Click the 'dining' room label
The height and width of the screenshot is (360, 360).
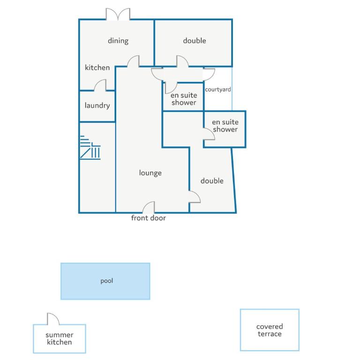click(x=118, y=41)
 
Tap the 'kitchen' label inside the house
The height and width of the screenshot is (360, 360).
click(x=97, y=67)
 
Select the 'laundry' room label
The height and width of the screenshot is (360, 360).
click(x=97, y=105)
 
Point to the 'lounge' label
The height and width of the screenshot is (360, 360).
click(x=150, y=173)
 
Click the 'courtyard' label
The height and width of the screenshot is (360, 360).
click(x=218, y=90)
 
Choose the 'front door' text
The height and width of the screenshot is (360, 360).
click(x=148, y=218)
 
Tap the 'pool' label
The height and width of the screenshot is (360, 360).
click(x=107, y=281)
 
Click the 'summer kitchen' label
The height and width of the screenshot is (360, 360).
click(x=60, y=338)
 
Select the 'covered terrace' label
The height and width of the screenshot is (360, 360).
click(x=270, y=330)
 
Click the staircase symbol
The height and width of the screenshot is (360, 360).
click(x=90, y=148)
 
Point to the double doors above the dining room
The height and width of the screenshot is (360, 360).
click(x=118, y=14)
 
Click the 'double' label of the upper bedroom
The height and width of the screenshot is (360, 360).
click(x=195, y=41)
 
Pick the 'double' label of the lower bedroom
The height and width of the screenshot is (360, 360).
click(x=212, y=181)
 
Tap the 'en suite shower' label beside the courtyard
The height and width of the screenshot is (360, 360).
click(x=184, y=99)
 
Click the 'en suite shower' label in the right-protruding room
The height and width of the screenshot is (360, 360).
click(x=225, y=126)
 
